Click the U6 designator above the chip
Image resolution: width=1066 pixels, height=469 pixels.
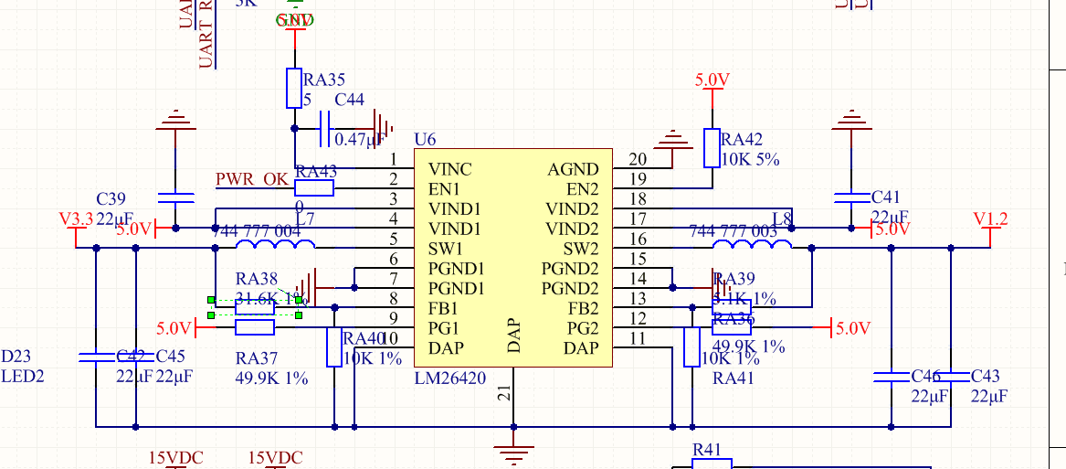pos(425,140)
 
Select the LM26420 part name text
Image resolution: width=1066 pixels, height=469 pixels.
pos(450,377)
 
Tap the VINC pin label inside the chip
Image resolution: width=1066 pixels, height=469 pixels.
pos(450,169)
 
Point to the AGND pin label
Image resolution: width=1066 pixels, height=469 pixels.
pos(573,169)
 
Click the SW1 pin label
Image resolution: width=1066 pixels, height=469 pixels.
pos(446,249)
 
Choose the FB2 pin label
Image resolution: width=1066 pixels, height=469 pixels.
pos(583,308)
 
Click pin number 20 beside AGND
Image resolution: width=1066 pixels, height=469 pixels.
pos(638,160)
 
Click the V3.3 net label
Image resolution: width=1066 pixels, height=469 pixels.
pos(76,219)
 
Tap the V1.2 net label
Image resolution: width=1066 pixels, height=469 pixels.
pos(990,219)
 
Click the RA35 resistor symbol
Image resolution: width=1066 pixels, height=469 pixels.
pos(294,88)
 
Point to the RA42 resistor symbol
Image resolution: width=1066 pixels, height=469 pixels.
pos(712,148)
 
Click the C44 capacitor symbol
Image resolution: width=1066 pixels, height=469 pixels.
pos(324,129)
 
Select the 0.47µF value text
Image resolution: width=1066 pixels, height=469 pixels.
pos(358,140)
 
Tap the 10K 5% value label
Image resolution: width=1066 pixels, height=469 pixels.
pos(750,158)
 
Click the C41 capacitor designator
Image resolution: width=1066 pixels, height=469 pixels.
pos(886,197)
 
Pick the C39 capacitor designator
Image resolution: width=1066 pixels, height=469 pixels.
pos(111,199)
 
